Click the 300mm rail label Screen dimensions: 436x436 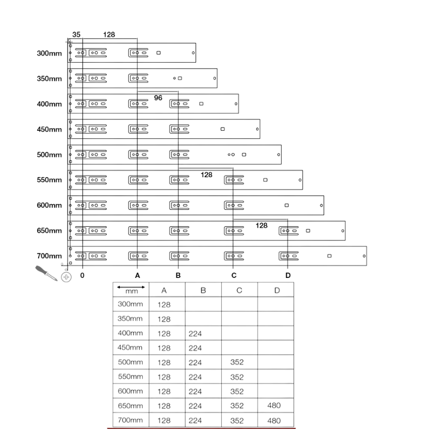coord(49,53)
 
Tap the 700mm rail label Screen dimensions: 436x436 coord(49,256)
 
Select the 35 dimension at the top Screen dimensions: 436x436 coord(76,34)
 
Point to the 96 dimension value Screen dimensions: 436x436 coord(158,98)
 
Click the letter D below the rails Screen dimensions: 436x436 coord(288,275)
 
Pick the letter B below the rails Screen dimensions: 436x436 coord(178,275)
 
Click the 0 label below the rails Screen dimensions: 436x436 coord(82,275)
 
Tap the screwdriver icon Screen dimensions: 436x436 coord(46,273)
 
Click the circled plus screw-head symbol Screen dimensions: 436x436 coord(66,277)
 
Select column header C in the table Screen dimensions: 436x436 coord(239,290)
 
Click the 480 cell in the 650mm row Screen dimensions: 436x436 coord(274,405)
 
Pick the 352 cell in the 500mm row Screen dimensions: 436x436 coord(237,362)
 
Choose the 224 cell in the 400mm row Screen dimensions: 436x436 coord(195,334)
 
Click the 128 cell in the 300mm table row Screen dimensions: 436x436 coord(164,305)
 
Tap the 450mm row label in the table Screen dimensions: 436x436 coord(130,348)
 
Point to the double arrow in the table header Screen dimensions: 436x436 coord(131,287)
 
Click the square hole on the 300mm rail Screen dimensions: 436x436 coord(159,53)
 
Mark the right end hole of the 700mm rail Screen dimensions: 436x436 coord(364,256)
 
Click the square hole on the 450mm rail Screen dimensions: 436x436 coord(222,129)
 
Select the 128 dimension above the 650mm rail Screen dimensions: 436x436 coord(262,226)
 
